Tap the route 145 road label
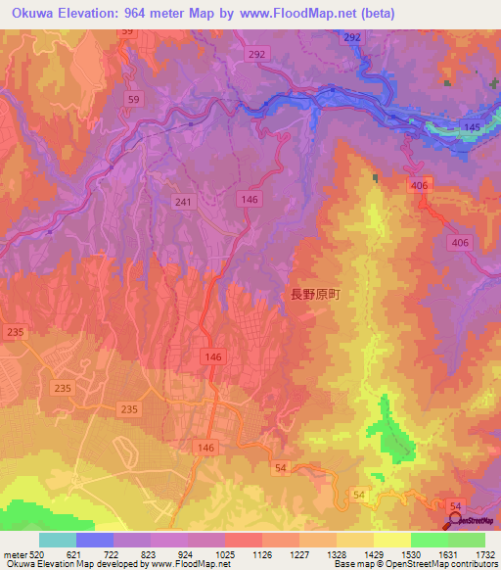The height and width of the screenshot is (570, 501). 472,128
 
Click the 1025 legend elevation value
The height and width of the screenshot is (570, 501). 225,554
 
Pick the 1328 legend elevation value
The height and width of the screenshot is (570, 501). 337,554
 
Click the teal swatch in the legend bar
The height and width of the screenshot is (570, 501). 58,540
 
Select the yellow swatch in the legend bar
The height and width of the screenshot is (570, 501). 392,540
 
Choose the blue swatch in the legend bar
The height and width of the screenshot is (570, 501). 95,540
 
